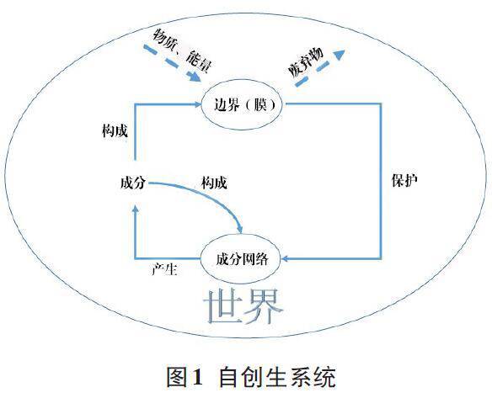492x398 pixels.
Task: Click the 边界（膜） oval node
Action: click(241, 104)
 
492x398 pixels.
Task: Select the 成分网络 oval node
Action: click(240, 259)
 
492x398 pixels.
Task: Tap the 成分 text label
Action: click(133, 182)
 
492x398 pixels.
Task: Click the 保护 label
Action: click(404, 180)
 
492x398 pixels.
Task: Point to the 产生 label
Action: click(165, 269)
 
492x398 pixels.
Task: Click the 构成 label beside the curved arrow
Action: click(214, 183)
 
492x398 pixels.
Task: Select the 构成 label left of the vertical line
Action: click(115, 130)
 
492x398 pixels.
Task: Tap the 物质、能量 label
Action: click(182, 50)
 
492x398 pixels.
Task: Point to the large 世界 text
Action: click(243, 306)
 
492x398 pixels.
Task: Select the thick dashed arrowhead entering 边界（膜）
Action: click(195, 77)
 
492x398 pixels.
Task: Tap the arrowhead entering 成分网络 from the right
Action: click(285, 259)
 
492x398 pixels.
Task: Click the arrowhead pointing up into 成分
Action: click(136, 208)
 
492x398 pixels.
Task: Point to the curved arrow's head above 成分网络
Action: click(240, 229)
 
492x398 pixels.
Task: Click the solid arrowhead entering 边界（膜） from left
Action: click(198, 104)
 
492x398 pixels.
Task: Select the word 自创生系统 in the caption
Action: click(277, 376)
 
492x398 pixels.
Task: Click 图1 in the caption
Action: click(184, 376)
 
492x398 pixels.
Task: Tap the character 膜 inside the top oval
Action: click(260, 104)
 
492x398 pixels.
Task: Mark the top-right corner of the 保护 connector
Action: click(381, 103)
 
